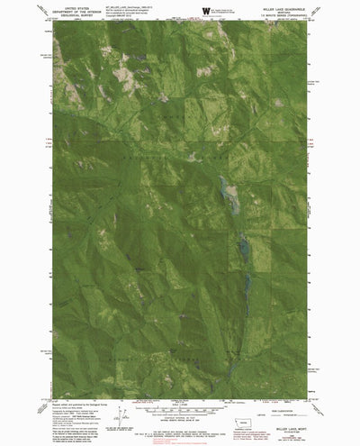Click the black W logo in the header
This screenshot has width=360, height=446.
point(207,10)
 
